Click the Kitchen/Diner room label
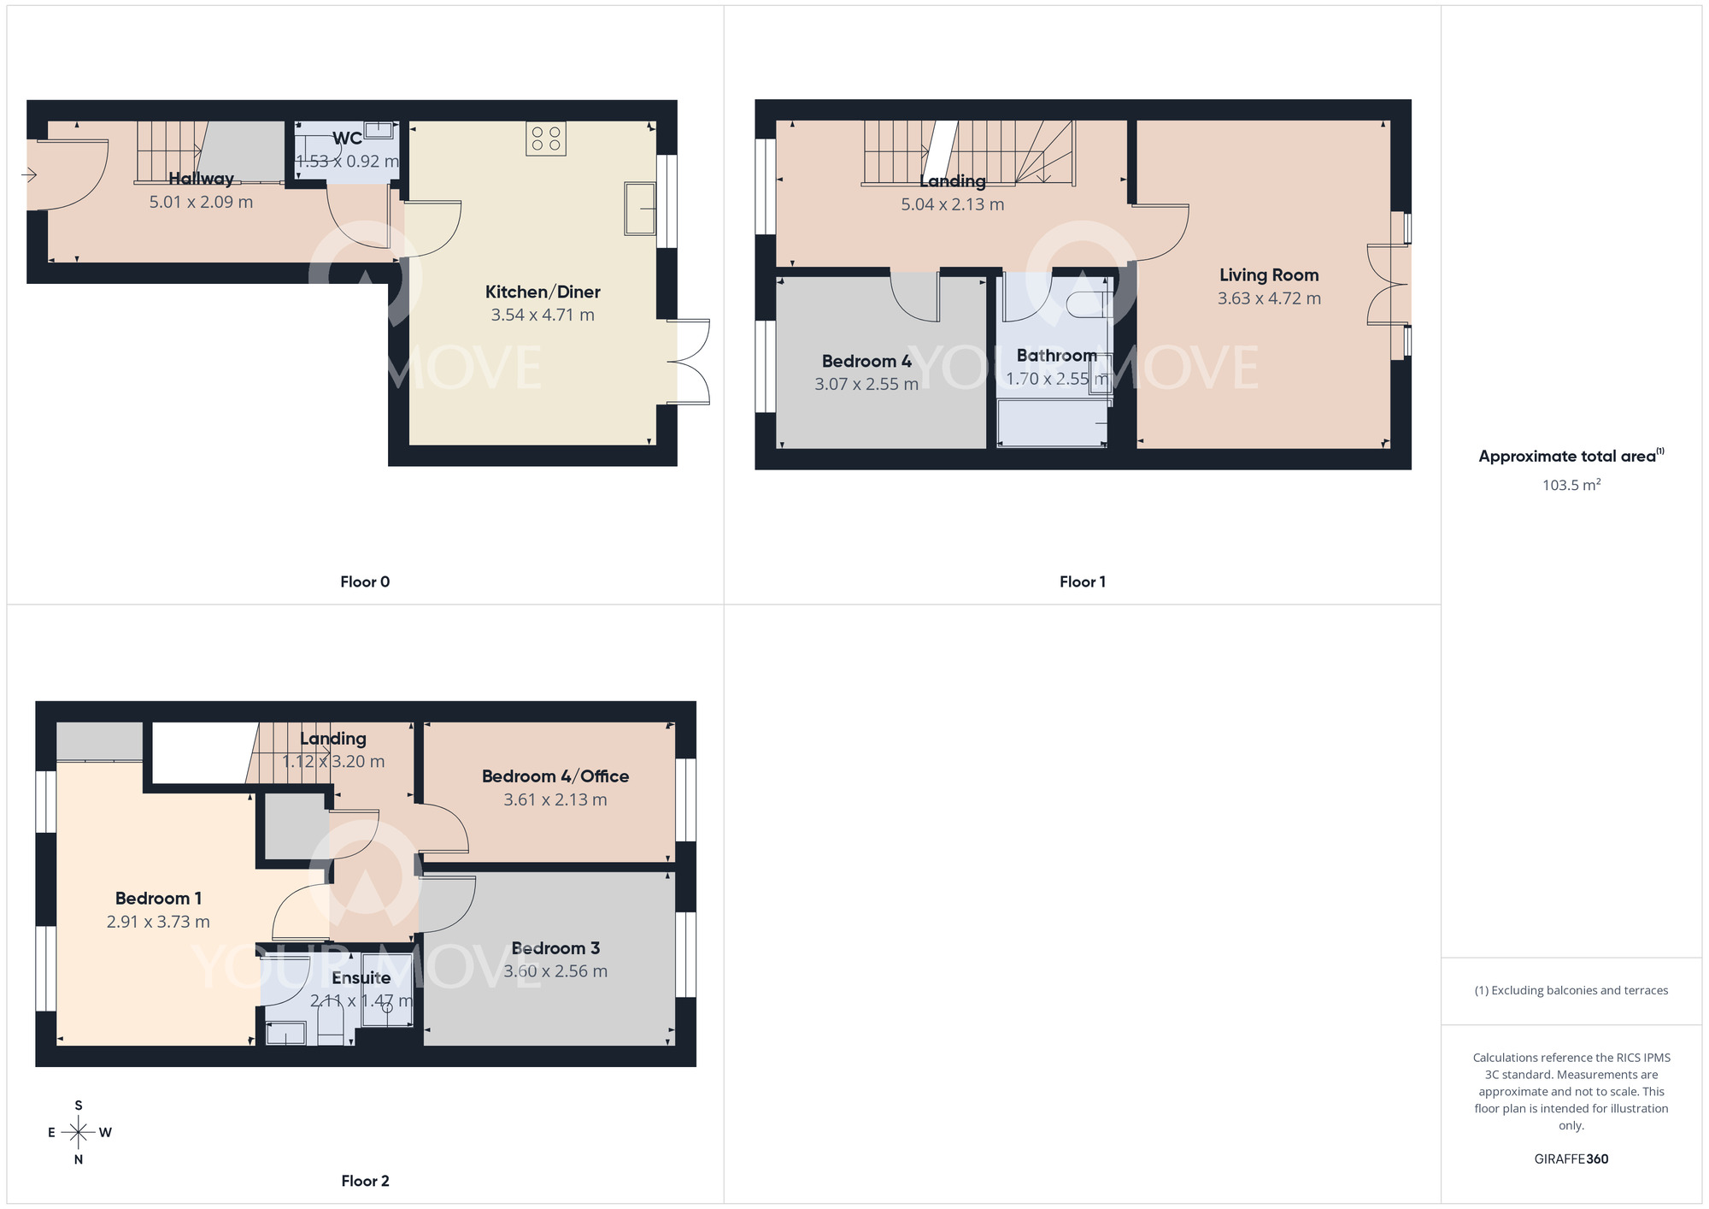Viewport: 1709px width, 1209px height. (x=543, y=292)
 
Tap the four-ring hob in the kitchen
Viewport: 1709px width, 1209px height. (x=546, y=139)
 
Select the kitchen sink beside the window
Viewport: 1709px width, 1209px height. (x=639, y=208)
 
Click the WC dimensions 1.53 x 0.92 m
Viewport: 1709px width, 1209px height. (x=347, y=162)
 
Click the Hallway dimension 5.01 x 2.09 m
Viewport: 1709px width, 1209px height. (x=201, y=203)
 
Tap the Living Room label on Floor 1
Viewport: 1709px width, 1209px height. (x=1269, y=275)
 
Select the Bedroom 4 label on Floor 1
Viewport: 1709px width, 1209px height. (x=866, y=361)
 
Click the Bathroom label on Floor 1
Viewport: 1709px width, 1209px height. (x=1056, y=356)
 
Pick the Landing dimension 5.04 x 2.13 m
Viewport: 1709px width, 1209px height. (x=953, y=204)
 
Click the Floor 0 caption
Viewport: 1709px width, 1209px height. (x=365, y=582)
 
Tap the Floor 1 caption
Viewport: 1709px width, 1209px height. (x=1082, y=582)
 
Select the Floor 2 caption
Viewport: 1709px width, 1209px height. (x=365, y=1181)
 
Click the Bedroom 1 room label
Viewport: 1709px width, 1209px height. (x=158, y=899)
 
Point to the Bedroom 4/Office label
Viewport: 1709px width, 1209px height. (x=555, y=776)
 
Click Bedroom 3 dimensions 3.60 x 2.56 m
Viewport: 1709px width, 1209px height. (x=555, y=971)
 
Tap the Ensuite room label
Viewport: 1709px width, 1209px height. (x=361, y=978)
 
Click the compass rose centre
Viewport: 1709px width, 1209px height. (x=79, y=1133)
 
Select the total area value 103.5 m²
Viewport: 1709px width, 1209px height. (x=1571, y=485)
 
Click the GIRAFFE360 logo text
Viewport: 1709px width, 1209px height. (x=1571, y=1159)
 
